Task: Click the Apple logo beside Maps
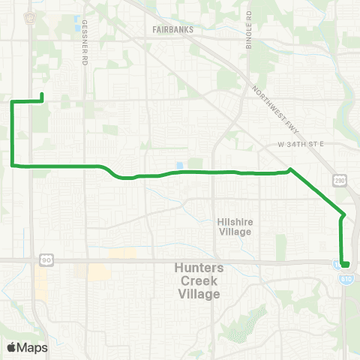click(11, 347)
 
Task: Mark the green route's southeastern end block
click(345, 263)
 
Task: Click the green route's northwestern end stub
click(41, 95)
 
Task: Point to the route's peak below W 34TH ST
click(290, 169)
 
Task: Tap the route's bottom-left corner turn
click(12, 165)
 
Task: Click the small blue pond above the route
click(178, 166)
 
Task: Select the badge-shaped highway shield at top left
click(30, 16)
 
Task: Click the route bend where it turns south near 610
click(343, 215)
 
